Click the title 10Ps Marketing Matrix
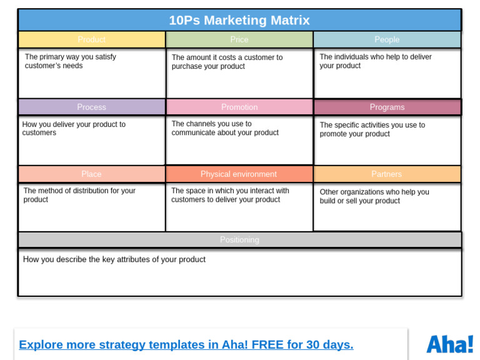click(239, 20)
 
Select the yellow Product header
click(91, 39)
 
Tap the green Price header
click(239, 39)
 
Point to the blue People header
click(387, 39)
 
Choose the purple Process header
click(91, 107)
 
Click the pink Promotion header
click(239, 107)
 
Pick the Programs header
click(387, 107)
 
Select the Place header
click(91, 174)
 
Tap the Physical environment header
click(239, 174)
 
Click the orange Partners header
click(387, 174)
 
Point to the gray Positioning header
click(239, 239)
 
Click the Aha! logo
click(449, 344)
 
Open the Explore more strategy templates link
click(186, 344)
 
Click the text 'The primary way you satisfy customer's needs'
click(71, 61)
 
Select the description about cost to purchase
click(227, 62)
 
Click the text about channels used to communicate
click(225, 128)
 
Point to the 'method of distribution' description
click(79, 195)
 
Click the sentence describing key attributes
click(114, 259)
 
